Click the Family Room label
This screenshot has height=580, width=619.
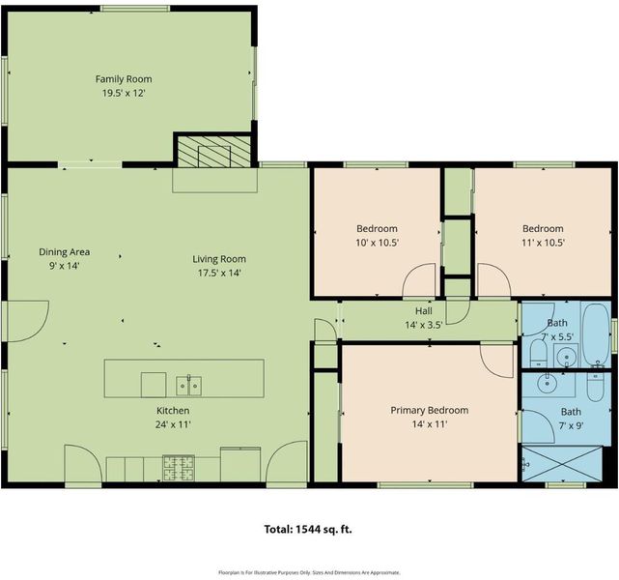click(124, 79)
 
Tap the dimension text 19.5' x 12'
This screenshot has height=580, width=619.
click(124, 93)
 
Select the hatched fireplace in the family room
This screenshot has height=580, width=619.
click(214, 152)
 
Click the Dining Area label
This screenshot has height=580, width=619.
click(64, 251)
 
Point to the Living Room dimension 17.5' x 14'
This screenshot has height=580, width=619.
click(219, 273)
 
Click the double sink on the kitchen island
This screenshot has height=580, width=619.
click(188, 386)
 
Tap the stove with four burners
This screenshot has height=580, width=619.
click(179, 469)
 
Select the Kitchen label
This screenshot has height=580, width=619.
click(173, 411)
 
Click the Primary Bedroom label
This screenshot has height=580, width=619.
click(430, 410)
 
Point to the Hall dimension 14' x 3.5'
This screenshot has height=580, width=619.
click(424, 325)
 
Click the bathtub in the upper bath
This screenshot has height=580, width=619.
click(596, 333)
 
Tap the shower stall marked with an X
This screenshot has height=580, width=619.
click(562, 464)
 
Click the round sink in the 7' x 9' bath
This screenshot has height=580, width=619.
click(548, 382)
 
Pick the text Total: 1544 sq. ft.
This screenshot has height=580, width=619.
click(308, 529)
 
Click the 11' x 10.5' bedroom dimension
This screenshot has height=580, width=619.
click(544, 243)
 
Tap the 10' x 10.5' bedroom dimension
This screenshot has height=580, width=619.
click(378, 243)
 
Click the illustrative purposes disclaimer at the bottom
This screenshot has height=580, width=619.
click(309, 572)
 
